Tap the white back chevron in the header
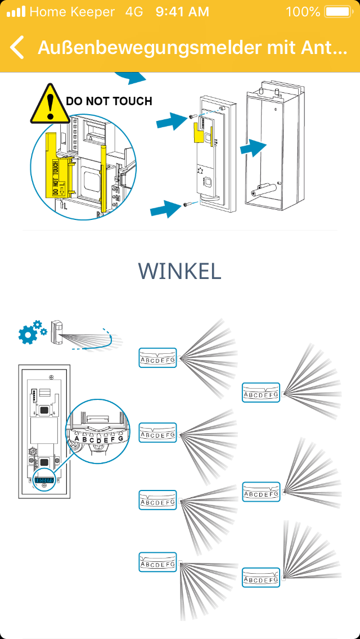coord(17,47)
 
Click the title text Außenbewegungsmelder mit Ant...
coord(192,47)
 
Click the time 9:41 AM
coord(182,11)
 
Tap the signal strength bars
coord(16,11)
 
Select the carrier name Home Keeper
coord(72,11)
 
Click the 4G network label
coord(134,11)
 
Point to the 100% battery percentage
coord(303,11)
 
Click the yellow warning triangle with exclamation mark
coord(50,104)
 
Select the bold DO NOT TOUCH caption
coord(109,101)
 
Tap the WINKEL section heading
coord(179,271)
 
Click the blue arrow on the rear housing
coord(253,148)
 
